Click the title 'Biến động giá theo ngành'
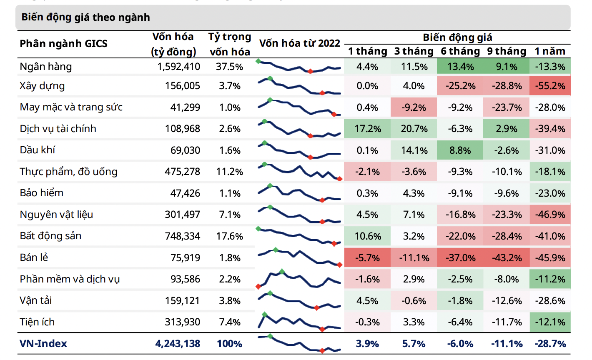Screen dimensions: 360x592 click(85, 17)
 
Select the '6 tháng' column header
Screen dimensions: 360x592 click(460, 51)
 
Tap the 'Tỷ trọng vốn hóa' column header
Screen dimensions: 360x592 click(230, 44)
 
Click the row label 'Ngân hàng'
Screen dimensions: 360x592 click(46, 67)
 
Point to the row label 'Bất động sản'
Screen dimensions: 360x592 click(50, 236)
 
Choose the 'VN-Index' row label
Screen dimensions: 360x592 click(43, 344)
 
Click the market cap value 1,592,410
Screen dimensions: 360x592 click(178, 67)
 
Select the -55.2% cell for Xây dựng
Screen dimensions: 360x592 click(550, 86)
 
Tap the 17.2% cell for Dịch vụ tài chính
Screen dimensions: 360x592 click(368, 129)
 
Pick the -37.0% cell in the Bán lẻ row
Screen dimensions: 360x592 click(460, 258)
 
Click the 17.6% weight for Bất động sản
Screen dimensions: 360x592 click(230, 236)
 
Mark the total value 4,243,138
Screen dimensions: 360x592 click(178, 344)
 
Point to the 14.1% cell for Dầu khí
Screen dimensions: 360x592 click(414, 150)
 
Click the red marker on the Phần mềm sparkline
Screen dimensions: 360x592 click(258, 287)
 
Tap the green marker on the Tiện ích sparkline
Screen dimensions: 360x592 click(264, 314)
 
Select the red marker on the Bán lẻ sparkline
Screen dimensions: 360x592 click(340, 265)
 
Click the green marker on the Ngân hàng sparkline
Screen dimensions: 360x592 click(258, 61)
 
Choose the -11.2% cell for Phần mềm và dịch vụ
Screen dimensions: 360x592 click(550, 279)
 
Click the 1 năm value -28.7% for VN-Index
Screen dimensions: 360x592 click(550, 344)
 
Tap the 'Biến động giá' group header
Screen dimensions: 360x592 click(457, 37)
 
